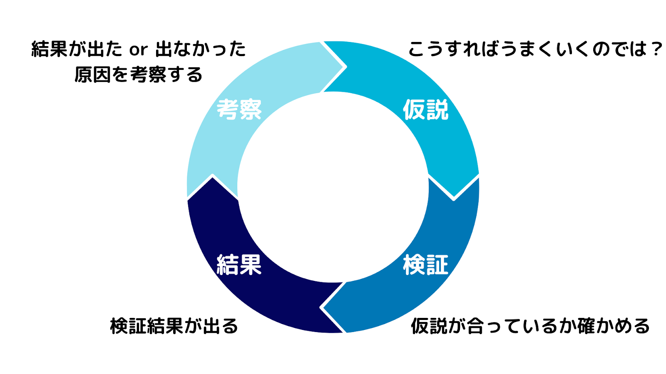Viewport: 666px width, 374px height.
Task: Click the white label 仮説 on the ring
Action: tap(425, 110)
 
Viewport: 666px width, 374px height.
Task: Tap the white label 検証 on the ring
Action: tap(425, 265)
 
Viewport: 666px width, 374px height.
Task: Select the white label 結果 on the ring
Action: tap(239, 265)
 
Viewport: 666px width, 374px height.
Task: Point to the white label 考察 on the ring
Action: tap(239, 110)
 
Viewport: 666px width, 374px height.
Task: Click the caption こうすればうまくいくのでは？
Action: tap(535, 49)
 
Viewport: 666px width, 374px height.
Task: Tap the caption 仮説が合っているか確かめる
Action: tap(530, 326)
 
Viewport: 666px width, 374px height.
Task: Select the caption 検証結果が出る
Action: tap(174, 326)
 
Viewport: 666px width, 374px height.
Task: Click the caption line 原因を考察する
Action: tap(139, 74)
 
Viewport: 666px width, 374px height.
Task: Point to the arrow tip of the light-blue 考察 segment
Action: tap(345, 67)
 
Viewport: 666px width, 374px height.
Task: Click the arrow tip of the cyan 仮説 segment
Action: tap(454, 199)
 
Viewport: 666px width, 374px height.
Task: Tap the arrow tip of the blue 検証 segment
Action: tap(321, 308)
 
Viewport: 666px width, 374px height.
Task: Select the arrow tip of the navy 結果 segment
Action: tap(213, 176)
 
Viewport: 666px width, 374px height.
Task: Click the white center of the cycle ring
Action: tap(333, 187)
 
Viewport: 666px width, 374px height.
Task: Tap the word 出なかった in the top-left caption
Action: tap(200, 49)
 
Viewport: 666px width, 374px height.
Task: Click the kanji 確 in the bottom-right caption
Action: tap(586, 326)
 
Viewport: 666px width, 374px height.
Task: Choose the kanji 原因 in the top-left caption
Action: tap(92, 74)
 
